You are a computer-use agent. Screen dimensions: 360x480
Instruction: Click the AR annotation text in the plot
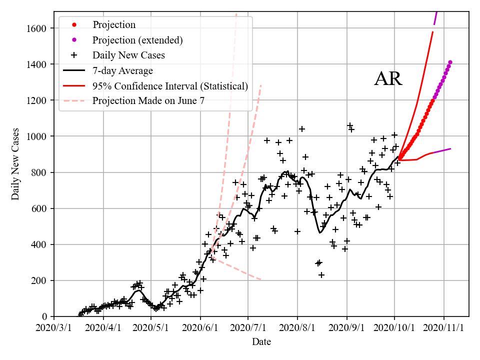point(388,79)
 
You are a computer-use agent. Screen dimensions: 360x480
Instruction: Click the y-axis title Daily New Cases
point(15,164)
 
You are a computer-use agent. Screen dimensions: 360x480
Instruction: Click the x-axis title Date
point(261,342)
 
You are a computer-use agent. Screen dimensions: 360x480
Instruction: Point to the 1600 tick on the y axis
point(39,28)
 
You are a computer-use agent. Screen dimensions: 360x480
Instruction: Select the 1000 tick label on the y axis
point(39,136)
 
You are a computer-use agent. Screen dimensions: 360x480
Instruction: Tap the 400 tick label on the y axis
point(41,244)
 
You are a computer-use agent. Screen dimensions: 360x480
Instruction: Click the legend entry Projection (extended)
point(137,40)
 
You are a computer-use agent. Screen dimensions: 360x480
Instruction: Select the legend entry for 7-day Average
point(122,71)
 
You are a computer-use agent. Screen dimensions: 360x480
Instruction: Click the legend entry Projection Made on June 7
point(148,101)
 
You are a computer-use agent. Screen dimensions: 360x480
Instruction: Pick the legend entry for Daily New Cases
point(128,55)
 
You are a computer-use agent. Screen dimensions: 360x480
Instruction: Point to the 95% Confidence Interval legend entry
point(170,86)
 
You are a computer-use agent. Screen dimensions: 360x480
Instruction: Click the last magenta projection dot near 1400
point(450,62)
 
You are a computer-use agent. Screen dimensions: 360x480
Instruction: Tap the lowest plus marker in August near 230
point(321,275)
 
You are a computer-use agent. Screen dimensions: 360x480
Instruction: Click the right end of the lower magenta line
point(451,148)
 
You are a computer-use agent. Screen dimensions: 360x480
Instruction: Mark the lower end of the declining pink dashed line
point(261,279)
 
